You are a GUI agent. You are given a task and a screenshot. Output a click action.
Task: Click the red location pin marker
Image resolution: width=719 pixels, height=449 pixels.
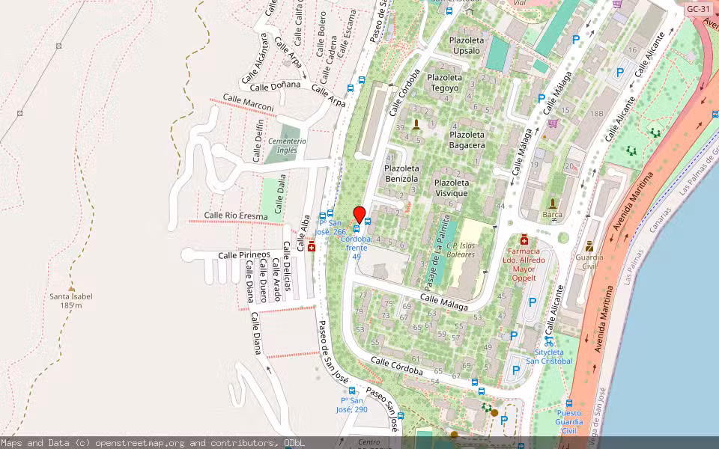click(x=359, y=214)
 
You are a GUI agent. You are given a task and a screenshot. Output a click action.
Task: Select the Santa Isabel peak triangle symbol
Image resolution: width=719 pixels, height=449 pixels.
click(x=71, y=287)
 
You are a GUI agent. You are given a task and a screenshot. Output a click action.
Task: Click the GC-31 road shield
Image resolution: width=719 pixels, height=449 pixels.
click(x=697, y=9)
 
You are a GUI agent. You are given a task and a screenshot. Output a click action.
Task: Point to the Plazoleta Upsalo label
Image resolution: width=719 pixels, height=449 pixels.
click(x=467, y=45)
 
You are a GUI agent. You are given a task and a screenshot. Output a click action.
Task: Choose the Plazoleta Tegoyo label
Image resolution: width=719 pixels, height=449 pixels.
click(x=444, y=82)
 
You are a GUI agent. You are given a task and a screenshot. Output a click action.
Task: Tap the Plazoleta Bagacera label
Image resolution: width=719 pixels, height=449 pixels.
click(x=467, y=140)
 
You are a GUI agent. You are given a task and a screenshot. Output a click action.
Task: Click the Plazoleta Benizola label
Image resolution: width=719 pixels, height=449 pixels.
click(x=401, y=174)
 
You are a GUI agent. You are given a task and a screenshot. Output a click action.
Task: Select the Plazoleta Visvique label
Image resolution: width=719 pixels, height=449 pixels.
click(x=452, y=188)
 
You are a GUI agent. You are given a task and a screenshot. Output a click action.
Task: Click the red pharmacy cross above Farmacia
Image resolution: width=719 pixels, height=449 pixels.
click(x=524, y=239)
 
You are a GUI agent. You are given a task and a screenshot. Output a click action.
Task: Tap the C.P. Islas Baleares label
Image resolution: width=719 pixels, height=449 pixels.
click(x=461, y=249)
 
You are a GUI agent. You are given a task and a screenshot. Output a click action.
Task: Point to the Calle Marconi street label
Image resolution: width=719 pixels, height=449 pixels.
click(x=249, y=104)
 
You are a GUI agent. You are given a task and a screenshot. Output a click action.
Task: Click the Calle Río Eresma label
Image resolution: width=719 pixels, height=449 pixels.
click(x=236, y=216)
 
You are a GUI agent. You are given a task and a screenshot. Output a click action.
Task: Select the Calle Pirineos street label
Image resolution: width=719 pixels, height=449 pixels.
click(x=243, y=255)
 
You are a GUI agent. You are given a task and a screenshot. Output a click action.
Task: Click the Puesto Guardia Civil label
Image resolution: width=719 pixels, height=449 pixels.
click(x=568, y=421)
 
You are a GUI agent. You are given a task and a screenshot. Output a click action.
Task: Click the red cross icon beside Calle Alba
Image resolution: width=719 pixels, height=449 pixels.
click(x=312, y=247)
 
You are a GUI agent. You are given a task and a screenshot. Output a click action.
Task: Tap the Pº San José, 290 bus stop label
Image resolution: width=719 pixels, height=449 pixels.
click(x=351, y=405)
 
